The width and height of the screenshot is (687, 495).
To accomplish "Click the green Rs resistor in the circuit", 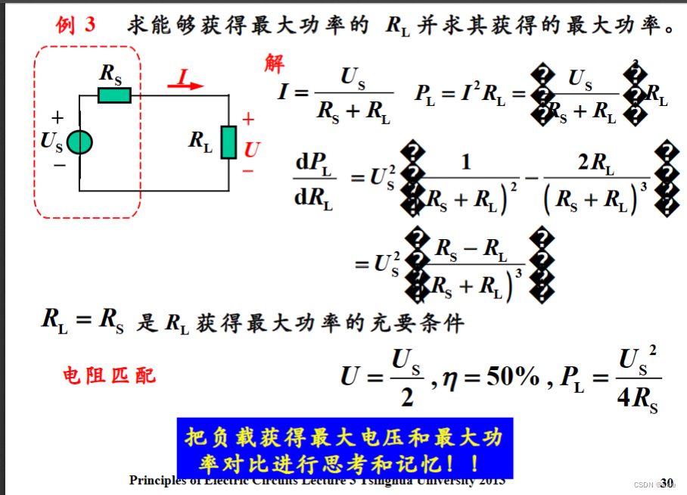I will coord(114,95).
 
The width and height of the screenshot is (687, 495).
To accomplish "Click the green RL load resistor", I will coord(228,142).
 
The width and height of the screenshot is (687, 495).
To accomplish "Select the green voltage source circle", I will coord(79,142).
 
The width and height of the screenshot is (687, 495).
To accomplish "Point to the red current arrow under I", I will coord(186,86).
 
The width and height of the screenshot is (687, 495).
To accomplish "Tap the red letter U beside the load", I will coord(251,150).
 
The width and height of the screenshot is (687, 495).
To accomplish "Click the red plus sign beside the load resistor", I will coord(248,120).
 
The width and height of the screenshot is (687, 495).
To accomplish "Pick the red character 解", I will coord(274,64).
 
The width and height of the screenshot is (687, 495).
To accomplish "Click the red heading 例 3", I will coord(76,25).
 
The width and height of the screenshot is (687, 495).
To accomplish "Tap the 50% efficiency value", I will coord(512,375).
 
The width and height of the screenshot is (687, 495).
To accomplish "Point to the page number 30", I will coord(667,482).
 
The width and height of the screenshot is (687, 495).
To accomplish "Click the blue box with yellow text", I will coord(344,448).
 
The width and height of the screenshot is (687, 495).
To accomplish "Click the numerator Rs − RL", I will coord(471,247).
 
